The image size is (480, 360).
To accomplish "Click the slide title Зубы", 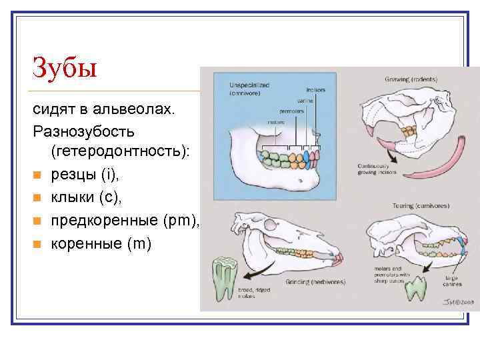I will [65, 67].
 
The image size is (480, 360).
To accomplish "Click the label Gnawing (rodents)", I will [411, 79].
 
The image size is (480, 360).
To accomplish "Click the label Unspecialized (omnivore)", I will [249, 88].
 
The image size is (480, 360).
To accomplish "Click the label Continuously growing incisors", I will [377, 169].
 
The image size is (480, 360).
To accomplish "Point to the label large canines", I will [451, 281].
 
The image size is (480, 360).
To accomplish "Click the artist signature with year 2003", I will [453, 301].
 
